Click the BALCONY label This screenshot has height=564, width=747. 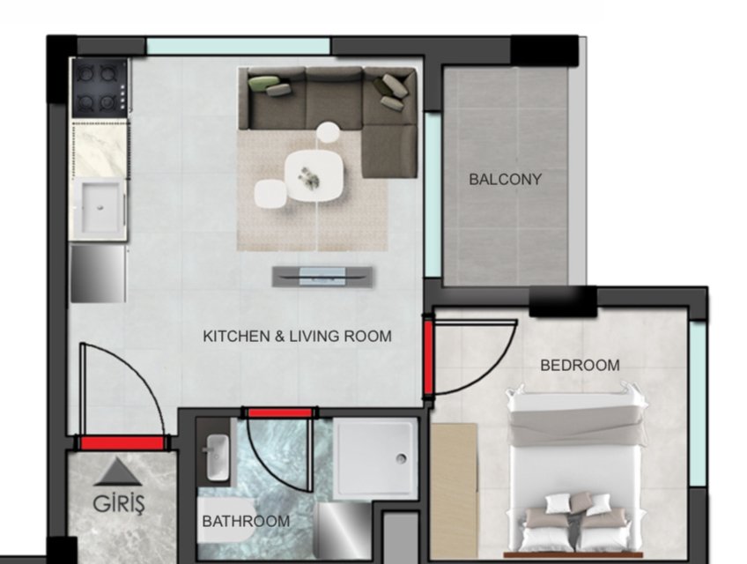pos(505,179)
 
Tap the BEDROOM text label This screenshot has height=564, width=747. pos(580,365)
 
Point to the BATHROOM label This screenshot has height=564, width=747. pos(246,521)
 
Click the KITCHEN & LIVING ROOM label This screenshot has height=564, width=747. pos(297,336)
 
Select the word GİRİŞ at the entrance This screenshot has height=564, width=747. pos(118,504)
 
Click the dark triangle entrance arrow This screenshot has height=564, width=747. pos(118,472)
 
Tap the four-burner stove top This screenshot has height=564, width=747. pos(100,88)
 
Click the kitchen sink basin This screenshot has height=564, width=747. pos(100,208)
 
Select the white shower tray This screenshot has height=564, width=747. pos(375,458)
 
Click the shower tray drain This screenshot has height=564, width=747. pos(401,458)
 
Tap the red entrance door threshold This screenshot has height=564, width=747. pos(122,444)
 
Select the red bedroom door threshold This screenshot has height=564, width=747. pos(428,357)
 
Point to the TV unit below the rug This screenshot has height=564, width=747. pos(322,277)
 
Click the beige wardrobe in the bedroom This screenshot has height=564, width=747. pos(454,491)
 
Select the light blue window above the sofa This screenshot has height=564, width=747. pos(238,46)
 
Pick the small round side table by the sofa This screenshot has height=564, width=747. pos(329,132)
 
